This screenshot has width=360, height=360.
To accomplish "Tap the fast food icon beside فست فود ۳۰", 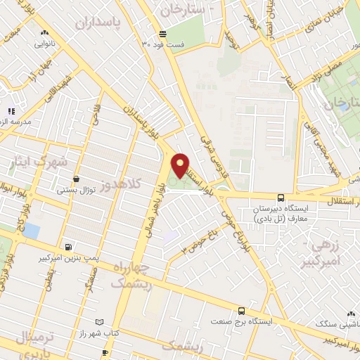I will pos(163,34).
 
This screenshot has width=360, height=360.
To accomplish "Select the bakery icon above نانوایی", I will pos(45,32).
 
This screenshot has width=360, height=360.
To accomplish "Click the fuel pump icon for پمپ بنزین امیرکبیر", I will pos(68,247).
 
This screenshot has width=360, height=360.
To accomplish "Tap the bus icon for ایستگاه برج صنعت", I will pos(242,310).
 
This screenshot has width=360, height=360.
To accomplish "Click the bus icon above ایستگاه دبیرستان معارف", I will pos(281,198).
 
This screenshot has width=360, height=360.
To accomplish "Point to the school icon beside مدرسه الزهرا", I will pos(10,111).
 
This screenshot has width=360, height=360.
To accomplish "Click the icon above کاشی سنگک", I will pos(350,314).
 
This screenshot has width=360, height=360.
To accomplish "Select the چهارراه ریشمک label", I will pos(131,274).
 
